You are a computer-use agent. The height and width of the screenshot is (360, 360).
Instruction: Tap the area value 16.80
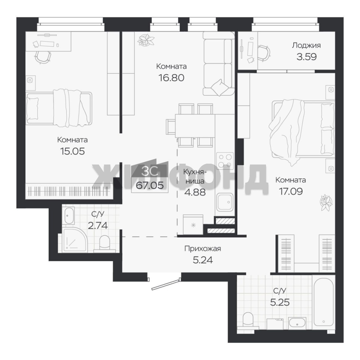[x=171, y=78]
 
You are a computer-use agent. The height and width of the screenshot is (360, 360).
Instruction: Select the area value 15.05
[x=72, y=151]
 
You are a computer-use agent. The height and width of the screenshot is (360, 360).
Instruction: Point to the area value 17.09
[x=291, y=191]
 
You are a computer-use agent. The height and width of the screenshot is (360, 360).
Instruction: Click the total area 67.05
[x=150, y=185]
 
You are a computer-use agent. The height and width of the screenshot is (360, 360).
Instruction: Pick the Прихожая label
[x=203, y=248]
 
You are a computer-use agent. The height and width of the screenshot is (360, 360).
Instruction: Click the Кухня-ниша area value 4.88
[x=195, y=192]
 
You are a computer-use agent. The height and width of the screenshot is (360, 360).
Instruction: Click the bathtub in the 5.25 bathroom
[x=323, y=302]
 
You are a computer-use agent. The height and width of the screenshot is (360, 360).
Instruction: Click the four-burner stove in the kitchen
[x=225, y=161]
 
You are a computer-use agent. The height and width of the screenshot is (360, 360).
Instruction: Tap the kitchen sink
[x=225, y=202]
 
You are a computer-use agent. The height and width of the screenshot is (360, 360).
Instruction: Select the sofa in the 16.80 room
[x=218, y=64]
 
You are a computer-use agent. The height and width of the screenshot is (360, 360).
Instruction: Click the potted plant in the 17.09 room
[x=326, y=203]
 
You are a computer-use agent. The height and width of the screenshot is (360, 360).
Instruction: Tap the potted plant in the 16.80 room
[x=146, y=40]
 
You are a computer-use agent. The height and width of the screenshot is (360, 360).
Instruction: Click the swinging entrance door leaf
[x=165, y=284]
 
